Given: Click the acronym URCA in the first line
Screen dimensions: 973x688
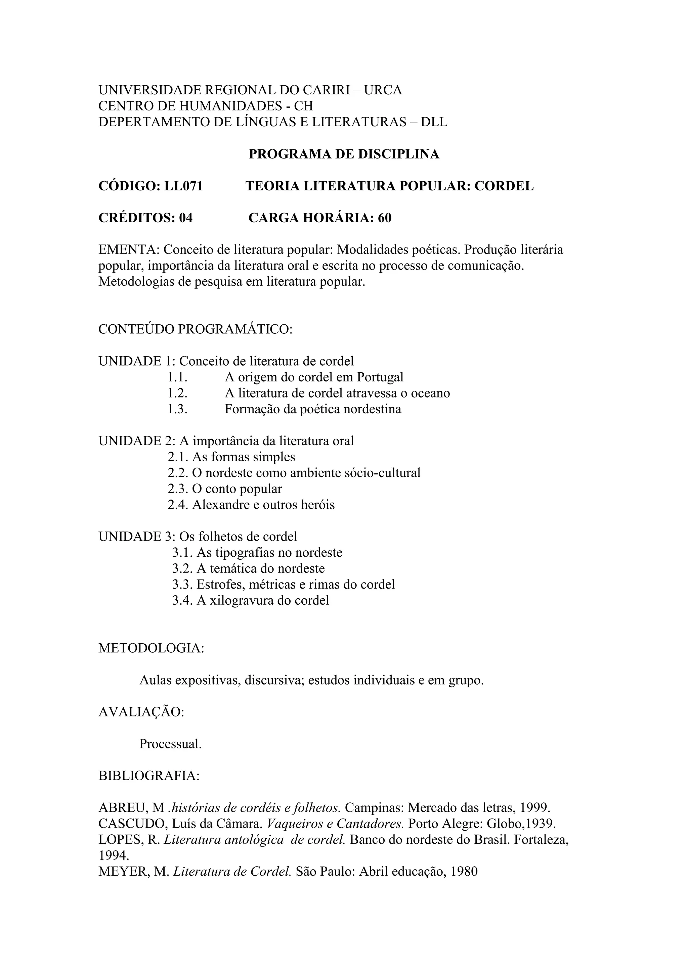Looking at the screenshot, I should [x=383, y=90].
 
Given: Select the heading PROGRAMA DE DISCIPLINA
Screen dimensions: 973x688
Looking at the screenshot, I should [x=344, y=154].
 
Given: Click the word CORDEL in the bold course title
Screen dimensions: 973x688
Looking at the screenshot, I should [x=504, y=186].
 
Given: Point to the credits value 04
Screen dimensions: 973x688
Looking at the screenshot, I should [x=186, y=218].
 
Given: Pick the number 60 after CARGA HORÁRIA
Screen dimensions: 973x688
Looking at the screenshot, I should [x=385, y=218].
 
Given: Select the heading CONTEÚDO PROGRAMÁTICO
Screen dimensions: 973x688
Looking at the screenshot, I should [x=196, y=329].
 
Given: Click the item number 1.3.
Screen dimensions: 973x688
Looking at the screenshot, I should [x=177, y=409].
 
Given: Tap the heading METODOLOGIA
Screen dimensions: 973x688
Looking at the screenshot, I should [x=151, y=649].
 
